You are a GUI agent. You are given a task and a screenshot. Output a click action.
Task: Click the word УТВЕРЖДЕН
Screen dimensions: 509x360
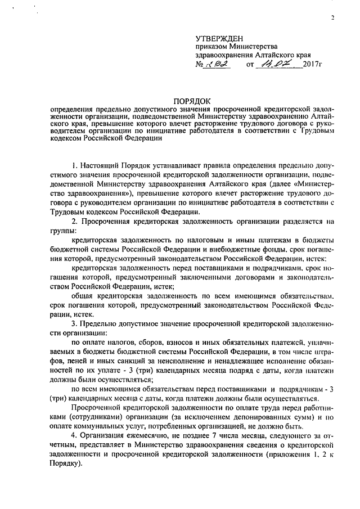(219, 38)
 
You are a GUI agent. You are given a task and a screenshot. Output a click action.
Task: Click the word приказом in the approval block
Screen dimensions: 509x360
(210, 47)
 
